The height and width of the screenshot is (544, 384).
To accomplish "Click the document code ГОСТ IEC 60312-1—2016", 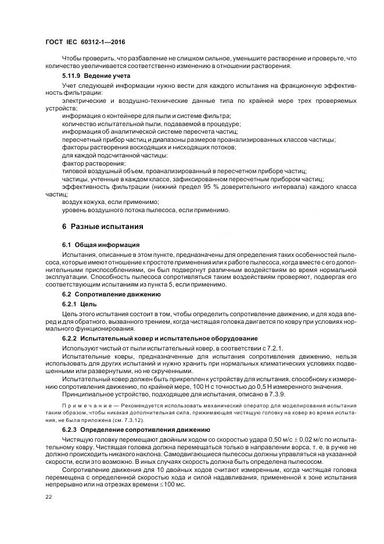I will [85, 42].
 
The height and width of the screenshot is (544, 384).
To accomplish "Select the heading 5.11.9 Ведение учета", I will [92, 76].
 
